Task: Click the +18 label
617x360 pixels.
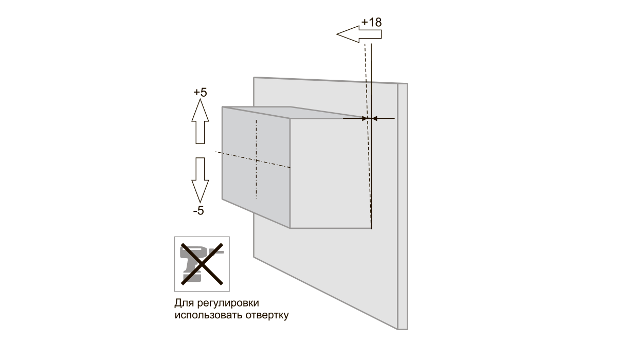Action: point(371,23)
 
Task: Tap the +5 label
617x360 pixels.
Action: point(200,93)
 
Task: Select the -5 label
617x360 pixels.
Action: point(198,211)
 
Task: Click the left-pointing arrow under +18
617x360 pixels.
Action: point(359,34)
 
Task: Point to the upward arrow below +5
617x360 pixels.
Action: point(200,121)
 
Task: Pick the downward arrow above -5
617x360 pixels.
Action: point(200,180)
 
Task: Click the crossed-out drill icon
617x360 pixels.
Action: point(202,264)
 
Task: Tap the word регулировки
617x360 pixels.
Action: point(228,303)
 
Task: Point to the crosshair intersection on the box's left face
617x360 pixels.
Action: point(257,160)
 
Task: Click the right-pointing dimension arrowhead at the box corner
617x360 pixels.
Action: point(365,119)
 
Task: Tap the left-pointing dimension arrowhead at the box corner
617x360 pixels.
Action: point(375,119)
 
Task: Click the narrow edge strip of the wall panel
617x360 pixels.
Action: point(403,206)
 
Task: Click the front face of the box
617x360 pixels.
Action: point(331,173)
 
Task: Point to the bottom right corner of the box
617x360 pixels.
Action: point(371,228)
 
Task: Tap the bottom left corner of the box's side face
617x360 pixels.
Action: point(222,199)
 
